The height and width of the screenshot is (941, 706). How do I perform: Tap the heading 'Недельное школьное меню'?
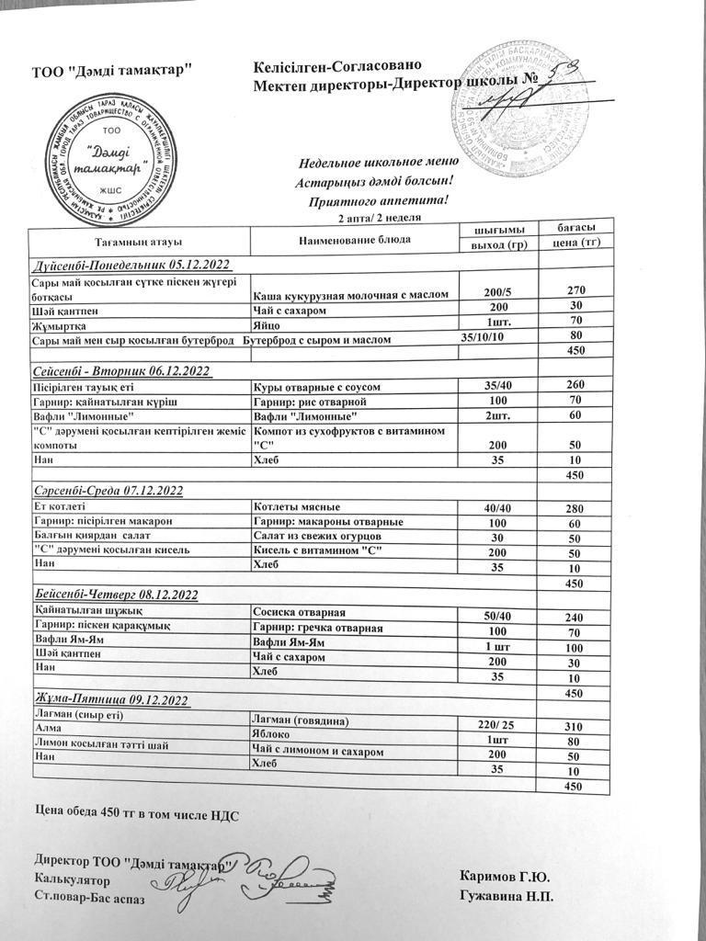pos(372,164)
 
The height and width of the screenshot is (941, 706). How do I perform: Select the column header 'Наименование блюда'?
pos(355,240)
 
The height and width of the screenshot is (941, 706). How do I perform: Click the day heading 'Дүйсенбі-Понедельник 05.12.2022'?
pos(131,265)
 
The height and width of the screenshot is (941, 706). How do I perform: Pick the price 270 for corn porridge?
pos(576,291)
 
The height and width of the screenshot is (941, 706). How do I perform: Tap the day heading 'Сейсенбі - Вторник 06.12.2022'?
pos(122,370)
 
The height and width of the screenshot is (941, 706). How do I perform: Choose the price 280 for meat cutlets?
pos(575,508)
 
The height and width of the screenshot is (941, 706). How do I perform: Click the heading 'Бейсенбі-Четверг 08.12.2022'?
pos(117,595)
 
